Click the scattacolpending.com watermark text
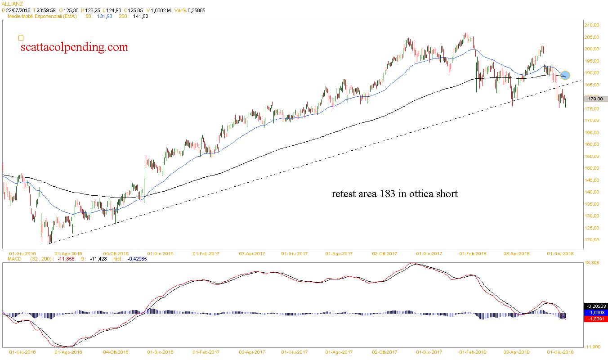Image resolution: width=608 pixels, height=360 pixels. (x=74, y=47)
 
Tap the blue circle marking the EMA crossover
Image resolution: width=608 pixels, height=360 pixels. (x=566, y=75)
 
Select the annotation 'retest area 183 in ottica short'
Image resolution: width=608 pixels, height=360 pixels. (x=394, y=194)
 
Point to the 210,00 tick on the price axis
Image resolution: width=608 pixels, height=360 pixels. (x=592, y=25)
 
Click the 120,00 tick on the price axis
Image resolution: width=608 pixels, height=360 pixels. (x=592, y=240)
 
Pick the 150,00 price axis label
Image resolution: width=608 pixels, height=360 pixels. (x=592, y=168)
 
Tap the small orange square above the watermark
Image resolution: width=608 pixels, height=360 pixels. (x=21, y=38)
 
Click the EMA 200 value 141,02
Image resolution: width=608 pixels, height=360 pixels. (x=141, y=16)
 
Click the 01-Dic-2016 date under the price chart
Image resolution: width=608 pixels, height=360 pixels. (x=161, y=254)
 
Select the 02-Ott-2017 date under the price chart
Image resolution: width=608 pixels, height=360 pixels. (x=385, y=254)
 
